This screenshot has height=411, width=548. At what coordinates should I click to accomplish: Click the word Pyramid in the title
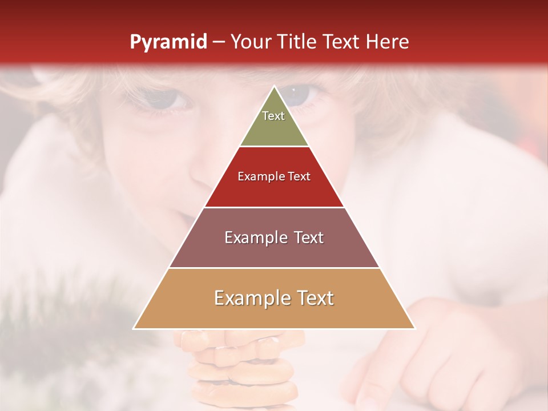(168, 42)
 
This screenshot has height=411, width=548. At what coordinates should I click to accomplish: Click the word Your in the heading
(250, 42)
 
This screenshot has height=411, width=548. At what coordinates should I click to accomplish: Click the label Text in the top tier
(273, 116)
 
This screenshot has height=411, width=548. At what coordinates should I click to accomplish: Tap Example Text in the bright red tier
(274, 176)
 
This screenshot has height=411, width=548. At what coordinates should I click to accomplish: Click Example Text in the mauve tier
(274, 237)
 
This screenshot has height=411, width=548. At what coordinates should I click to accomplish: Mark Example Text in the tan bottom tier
(274, 298)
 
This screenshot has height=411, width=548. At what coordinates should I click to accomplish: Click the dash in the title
(219, 42)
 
